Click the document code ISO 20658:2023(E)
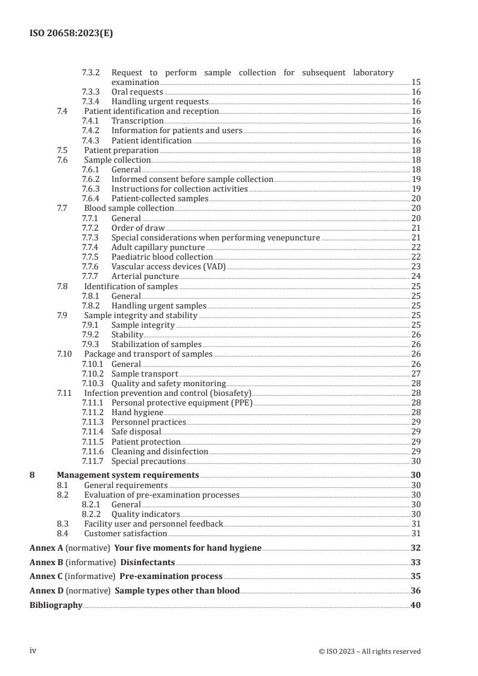point(71,34)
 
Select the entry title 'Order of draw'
point(138,228)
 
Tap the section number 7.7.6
point(92,266)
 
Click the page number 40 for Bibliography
point(415,605)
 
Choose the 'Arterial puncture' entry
point(145,277)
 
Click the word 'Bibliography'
point(56,605)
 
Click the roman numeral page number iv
point(33,651)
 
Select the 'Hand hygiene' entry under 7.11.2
point(137,412)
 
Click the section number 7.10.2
point(93,374)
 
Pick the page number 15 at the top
point(416,82)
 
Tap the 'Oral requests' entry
point(137,92)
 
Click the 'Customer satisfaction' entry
point(125,533)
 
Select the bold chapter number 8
point(32,475)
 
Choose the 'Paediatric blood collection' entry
point(162,257)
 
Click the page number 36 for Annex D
point(415,590)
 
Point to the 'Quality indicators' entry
point(146,514)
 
